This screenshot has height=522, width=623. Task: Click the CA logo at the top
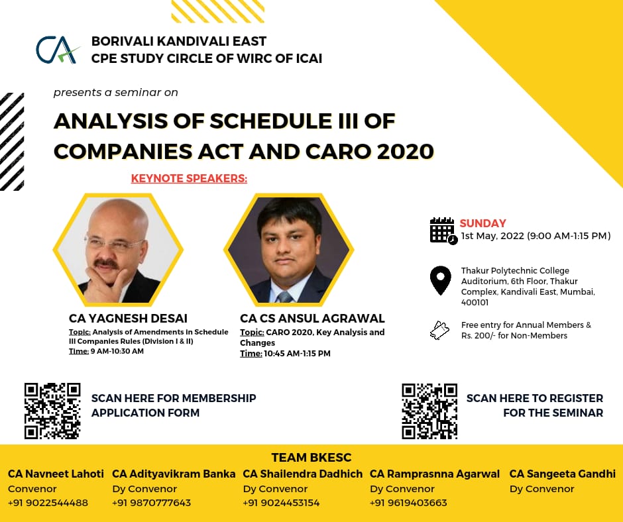tap(58, 50)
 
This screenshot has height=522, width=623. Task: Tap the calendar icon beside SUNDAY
tap(443, 231)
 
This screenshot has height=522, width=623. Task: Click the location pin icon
tap(441, 280)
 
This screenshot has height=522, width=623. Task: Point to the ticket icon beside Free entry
tap(439, 331)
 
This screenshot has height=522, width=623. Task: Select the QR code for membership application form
tap(52, 411)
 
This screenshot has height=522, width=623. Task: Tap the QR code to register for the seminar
tap(429, 411)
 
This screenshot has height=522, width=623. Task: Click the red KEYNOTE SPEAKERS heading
tap(189, 178)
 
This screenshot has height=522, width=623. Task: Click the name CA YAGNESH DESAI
tap(128, 318)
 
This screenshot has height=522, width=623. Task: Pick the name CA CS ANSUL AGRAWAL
tap(312, 318)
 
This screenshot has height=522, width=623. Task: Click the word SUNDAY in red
tap(482, 223)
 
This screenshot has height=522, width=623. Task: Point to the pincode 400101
tap(475, 302)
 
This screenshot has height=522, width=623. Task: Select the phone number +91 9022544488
tap(48, 503)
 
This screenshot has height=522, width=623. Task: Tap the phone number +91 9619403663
tap(408, 503)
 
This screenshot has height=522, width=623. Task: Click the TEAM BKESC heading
tap(311, 457)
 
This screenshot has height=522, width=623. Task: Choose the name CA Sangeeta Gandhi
tap(562, 474)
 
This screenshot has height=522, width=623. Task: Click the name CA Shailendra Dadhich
tap(302, 474)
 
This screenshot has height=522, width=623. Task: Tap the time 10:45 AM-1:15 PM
tap(297, 353)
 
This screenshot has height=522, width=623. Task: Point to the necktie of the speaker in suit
tap(284, 297)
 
